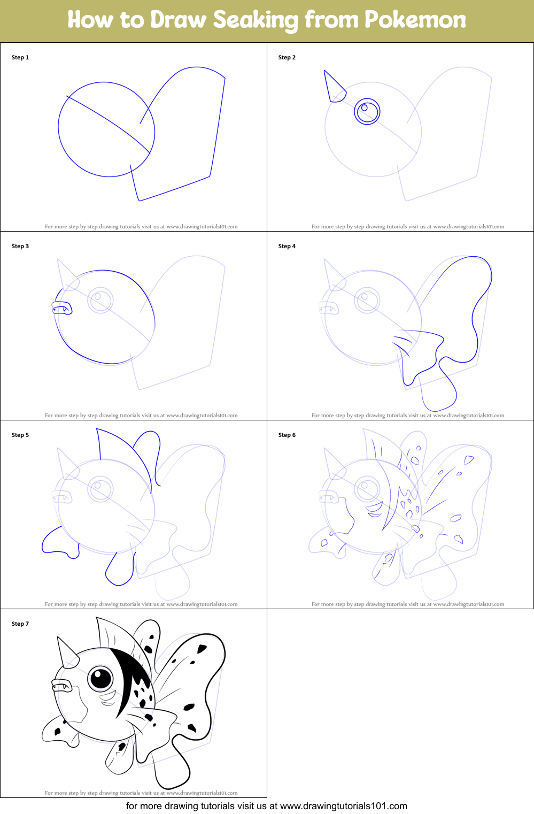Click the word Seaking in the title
(256, 20)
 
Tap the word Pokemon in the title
(415, 20)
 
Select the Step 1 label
(20, 57)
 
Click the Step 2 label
(287, 57)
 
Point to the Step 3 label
(20, 246)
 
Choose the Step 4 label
(287, 246)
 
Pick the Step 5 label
(20, 435)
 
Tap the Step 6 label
(287, 435)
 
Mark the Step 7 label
(20, 624)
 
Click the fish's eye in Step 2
(367, 111)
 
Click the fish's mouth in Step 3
(61, 308)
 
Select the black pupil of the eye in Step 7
(100, 678)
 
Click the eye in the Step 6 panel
(367, 488)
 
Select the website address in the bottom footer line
(343, 806)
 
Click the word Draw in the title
(178, 20)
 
